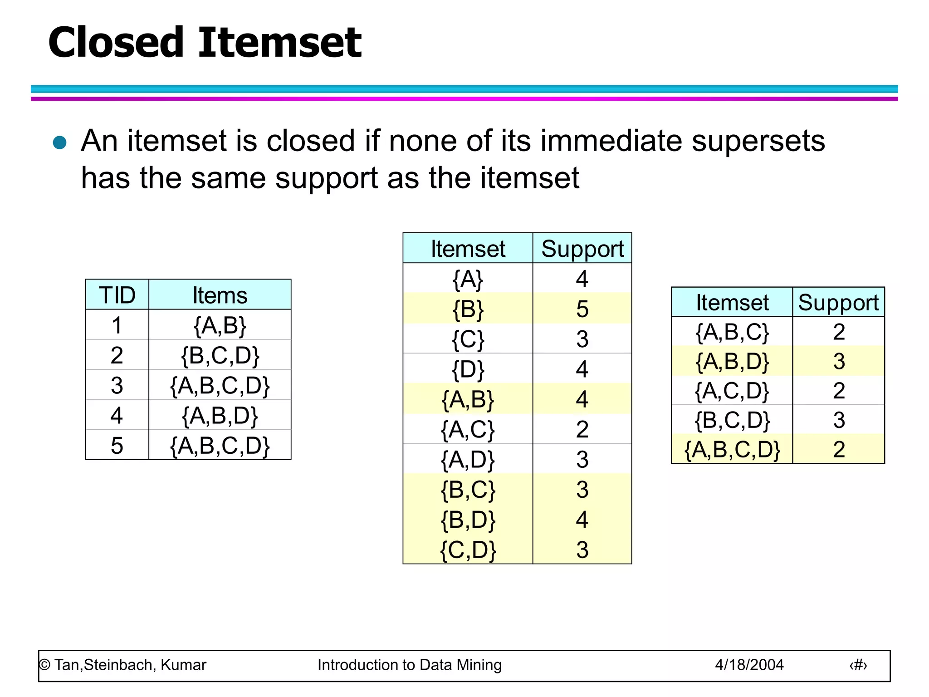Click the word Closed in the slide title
point(116,43)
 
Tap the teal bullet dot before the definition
point(60,142)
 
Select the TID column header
point(117,295)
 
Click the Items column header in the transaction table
point(220,295)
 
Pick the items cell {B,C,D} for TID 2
point(220,355)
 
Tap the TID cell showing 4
point(117,415)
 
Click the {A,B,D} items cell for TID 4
point(220,415)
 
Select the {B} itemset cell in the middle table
point(468,309)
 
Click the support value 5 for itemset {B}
point(582,309)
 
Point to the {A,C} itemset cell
point(468,429)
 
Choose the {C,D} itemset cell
point(468,550)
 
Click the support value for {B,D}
point(582,520)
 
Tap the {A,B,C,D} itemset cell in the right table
point(732,449)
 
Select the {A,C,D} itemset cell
point(732,391)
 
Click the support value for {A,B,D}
point(839,361)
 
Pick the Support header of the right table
point(838,302)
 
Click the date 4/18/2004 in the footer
point(749,665)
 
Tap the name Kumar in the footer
point(183,665)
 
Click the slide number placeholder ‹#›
point(858,665)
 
